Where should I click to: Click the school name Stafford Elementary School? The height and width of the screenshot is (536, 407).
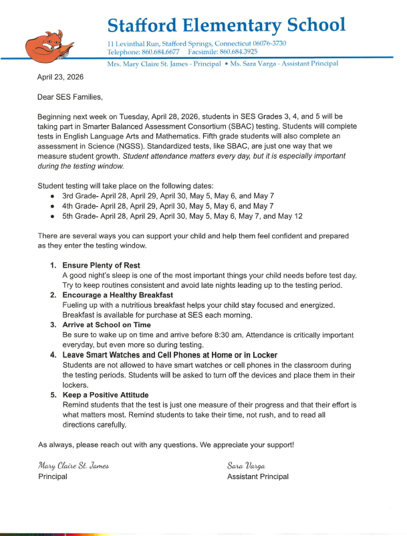(227, 25)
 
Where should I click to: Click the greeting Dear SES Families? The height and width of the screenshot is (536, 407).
(71, 98)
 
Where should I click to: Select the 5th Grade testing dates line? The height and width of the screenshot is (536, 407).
(183, 217)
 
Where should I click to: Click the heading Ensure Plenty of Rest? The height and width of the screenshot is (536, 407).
(101, 266)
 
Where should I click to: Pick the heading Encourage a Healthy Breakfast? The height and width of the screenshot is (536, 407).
(118, 295)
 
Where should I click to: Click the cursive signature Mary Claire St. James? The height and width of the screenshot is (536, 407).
(74, 465)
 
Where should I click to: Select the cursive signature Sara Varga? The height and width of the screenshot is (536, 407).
(247, 465)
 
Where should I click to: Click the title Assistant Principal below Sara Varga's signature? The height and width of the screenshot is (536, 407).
(258, 476)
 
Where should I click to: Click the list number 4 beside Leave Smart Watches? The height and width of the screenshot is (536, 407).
(53, 355)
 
